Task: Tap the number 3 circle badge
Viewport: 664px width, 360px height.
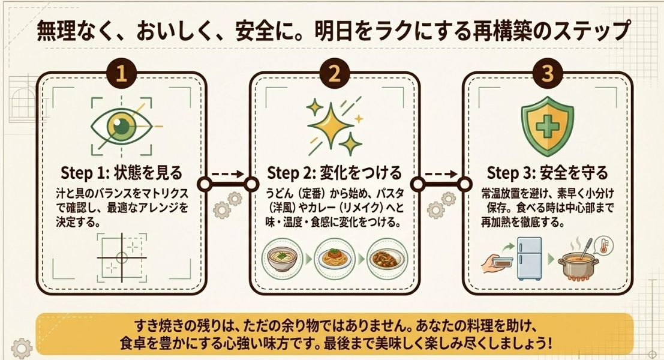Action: (x=547, y=74)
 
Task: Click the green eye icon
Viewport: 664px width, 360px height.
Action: (x=122, y=127)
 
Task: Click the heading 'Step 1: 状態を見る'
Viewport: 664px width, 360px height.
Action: (x=122, y=173)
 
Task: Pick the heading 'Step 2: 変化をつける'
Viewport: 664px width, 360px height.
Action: (x=334, y=173)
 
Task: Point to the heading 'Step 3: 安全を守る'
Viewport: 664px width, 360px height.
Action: (x=547, y=173)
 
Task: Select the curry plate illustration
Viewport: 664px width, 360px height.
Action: (x=387, y=259)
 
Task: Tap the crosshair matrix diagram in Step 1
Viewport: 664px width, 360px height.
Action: (x=122, y=257)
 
